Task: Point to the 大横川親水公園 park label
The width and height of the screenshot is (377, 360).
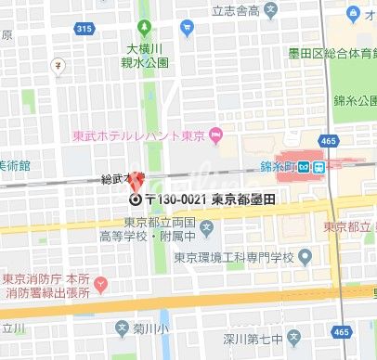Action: (x=147, y=55)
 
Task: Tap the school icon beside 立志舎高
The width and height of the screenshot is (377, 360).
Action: (x=270, y=11)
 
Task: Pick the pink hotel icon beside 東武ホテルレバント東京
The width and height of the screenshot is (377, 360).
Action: (x=216, y=139)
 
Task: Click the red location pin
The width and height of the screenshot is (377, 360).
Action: (x=136, y=180)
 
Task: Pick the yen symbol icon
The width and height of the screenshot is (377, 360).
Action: (x=58, y=66)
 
